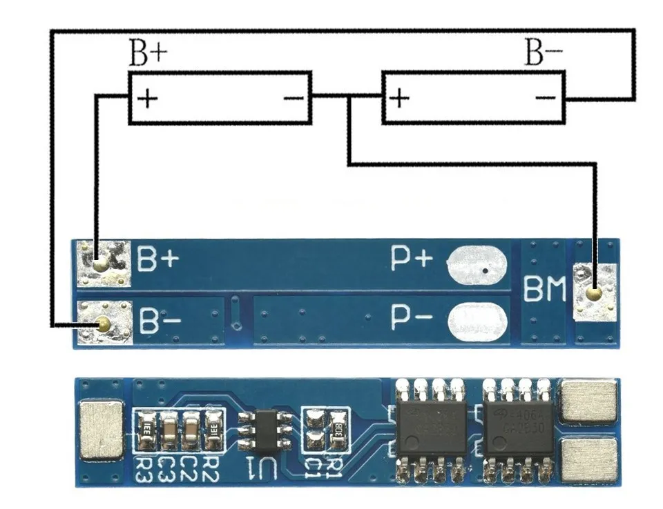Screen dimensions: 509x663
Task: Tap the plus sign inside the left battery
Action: (148, 98)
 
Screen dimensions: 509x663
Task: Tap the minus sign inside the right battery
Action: (545, 98)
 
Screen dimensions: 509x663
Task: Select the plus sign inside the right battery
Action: (399, 98)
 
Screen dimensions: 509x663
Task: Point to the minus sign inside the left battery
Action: (293, 98)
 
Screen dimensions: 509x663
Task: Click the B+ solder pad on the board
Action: (102, 263)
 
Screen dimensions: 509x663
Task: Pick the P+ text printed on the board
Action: (412, 259)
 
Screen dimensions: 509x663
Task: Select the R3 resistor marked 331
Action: (146, 428)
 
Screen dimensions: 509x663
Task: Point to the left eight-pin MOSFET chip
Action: (430, 428)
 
